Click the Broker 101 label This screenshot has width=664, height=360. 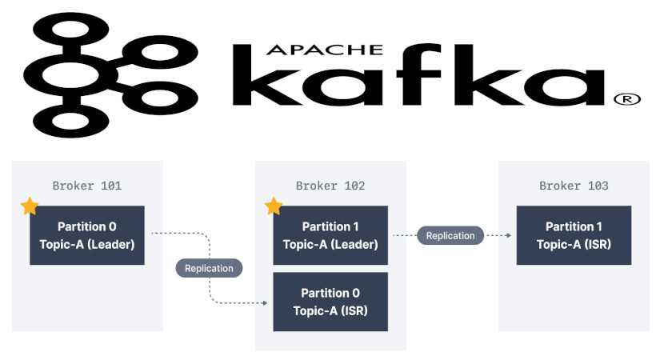87,186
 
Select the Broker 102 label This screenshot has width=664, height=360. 330,186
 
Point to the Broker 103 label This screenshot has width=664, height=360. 574,186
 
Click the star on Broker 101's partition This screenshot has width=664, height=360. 30,206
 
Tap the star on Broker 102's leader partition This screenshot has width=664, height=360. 274,206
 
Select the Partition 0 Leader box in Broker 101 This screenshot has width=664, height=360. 87,235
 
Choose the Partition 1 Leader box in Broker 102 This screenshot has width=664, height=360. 330,235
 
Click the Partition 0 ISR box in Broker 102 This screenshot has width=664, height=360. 330,302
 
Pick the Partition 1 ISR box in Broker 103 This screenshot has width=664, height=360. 574,235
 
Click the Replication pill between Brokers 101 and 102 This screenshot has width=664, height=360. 209,268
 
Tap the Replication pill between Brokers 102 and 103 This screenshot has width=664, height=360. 450,235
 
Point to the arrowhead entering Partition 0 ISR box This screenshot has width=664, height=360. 265,303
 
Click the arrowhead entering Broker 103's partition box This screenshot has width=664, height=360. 509,235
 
